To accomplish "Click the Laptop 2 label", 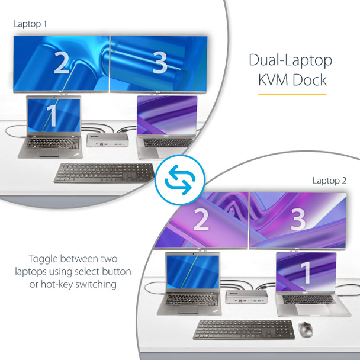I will tap(330, 181).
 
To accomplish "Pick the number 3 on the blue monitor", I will tap(159, 63).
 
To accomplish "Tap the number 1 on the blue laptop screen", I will tap(52, 116).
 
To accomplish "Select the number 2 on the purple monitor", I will tap(201, 219).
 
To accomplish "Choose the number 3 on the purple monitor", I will tap(298, 219).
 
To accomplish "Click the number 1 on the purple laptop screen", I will tap(306, 272).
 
